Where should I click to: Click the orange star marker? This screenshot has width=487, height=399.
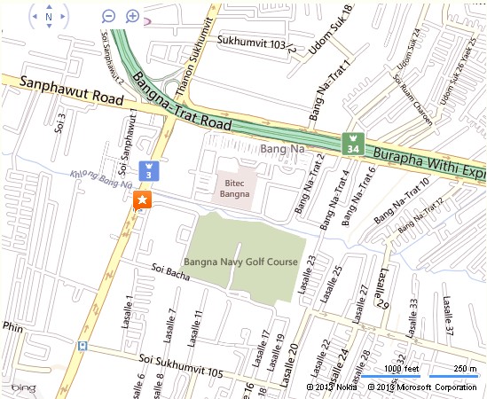(142, 201)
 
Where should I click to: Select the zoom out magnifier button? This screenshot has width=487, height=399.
(108, 16)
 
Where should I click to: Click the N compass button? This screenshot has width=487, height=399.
(48, 16)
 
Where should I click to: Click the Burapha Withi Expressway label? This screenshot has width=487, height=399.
(431, 164)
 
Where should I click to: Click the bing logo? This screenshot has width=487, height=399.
(23, 388)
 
